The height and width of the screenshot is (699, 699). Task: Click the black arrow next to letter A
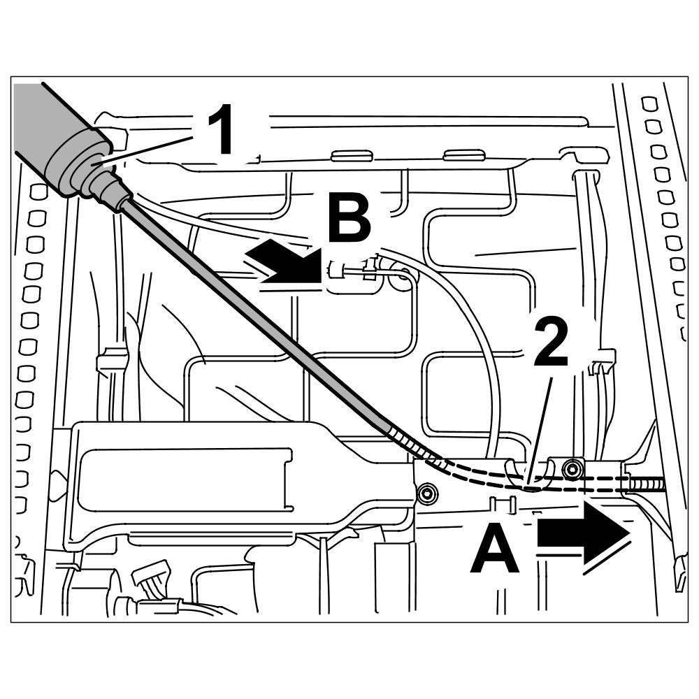tap(584, 535)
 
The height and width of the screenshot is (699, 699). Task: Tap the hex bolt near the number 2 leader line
tap(573, 467)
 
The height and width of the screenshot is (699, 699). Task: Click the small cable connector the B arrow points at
tap(349, 270)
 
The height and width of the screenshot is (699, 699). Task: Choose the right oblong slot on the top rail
tap(464, 154)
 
